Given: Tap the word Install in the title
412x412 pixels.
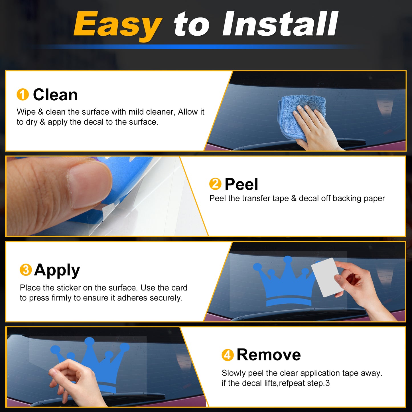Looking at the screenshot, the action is coord(280,24).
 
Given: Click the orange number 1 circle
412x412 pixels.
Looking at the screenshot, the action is coord(23,94).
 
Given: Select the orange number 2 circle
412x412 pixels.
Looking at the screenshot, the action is coord(215,184).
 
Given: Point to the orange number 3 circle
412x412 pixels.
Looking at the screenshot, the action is coord(26,270).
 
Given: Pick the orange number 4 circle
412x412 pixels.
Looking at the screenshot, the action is coord(228,355).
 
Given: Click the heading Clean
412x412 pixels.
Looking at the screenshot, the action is coord(55,95).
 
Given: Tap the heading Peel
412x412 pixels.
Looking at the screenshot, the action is coord(241,184).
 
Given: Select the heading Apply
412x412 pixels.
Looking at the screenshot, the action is coord(57,271).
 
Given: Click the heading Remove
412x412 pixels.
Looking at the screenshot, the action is coord(269,355).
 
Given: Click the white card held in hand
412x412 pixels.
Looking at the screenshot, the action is coord(325,277).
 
